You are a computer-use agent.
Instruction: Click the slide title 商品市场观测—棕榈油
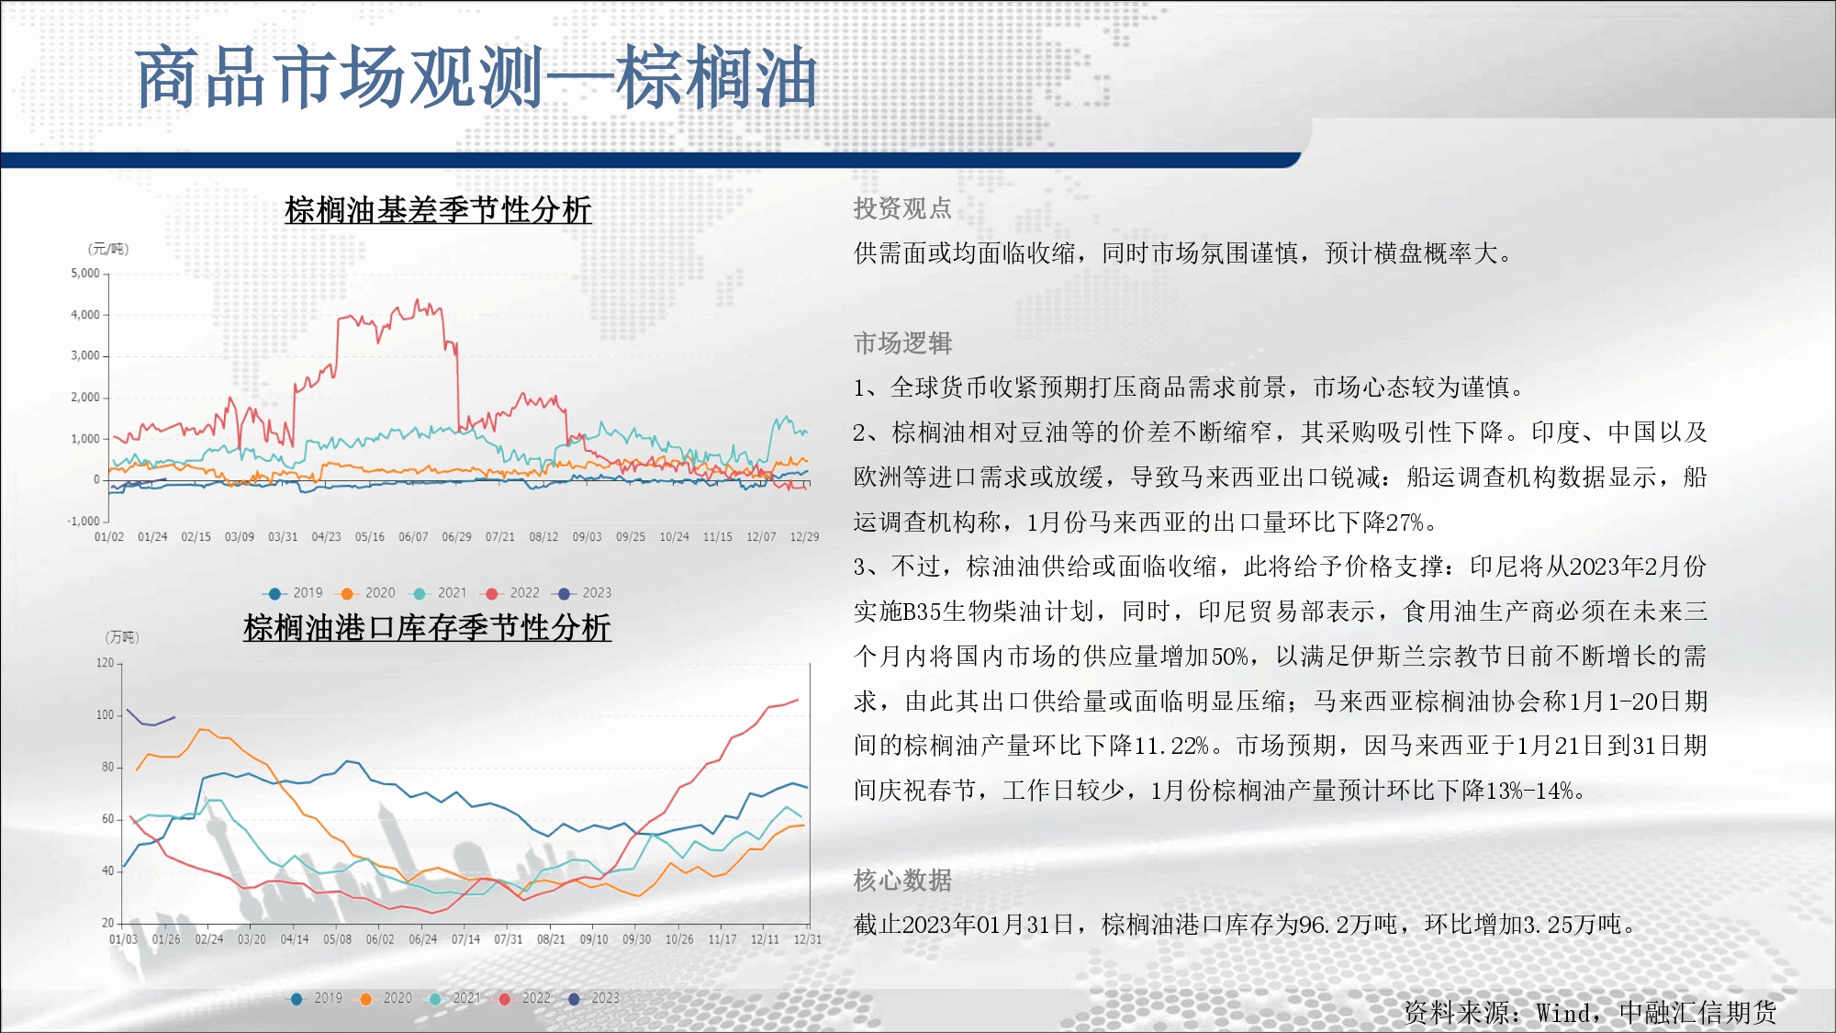coord(476,77)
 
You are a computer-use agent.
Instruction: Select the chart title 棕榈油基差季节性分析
coord(438,210)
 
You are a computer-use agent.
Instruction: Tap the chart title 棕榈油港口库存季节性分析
coord(427,628)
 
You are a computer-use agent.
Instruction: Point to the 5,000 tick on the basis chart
coord(85,274)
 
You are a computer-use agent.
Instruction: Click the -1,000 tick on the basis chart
coord(84,522)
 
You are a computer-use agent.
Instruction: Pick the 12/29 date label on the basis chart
coord(804,537)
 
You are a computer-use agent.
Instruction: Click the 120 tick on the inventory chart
coord(106,663)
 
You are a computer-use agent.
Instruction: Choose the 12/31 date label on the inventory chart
coord(808,939)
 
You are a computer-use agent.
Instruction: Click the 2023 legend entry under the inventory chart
coord(595,998)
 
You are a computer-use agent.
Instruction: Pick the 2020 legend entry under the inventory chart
coord(387,998)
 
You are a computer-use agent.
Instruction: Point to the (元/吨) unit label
coord(108,249)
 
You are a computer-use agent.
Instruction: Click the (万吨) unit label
coord(122,637)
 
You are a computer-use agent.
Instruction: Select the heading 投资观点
coord(902,208)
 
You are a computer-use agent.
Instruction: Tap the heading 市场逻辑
coord(903,343)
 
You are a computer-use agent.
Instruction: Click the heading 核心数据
coord(902,881)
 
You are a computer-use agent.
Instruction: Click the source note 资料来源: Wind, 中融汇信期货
coord(1590,1012)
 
